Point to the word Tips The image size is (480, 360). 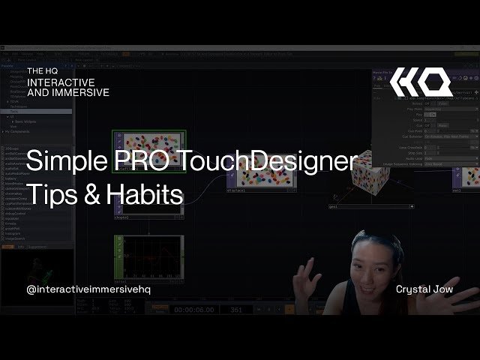tap(47, 194)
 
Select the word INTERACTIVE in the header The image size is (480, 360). tap(61, 82)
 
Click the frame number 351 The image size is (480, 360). tap(236, 308)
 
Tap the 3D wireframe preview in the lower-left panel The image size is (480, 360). tap(34, 270)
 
